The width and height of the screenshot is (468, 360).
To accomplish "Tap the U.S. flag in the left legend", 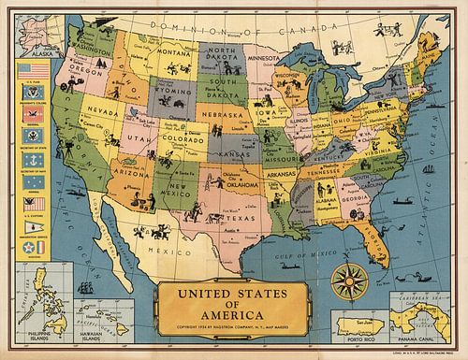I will (32, 71).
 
